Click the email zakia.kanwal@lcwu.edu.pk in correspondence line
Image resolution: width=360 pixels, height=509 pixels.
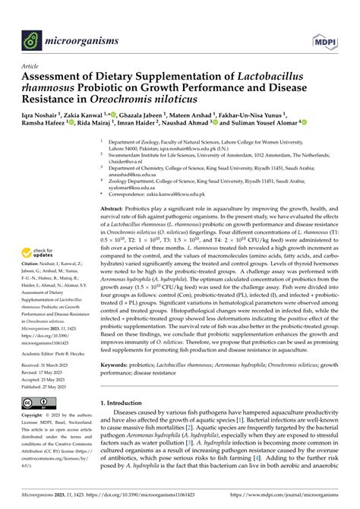coord(214,173)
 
